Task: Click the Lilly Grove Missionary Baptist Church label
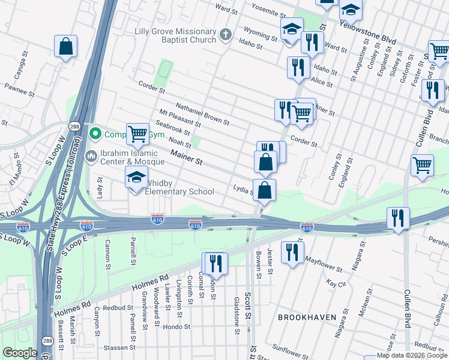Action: [x=175, y=35]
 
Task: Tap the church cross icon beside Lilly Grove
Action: [x=226, y=34]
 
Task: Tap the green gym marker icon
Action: [x=94, y=133]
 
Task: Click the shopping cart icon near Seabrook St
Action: [x=137, y=134]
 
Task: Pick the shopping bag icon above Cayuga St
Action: [x=66, y=46]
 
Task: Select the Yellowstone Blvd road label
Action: [x=368, y=33]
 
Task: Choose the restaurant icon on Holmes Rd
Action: [x=215, y=264]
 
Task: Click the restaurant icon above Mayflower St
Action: [x=292, y=252]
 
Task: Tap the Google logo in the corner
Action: [x=20, y=353]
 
